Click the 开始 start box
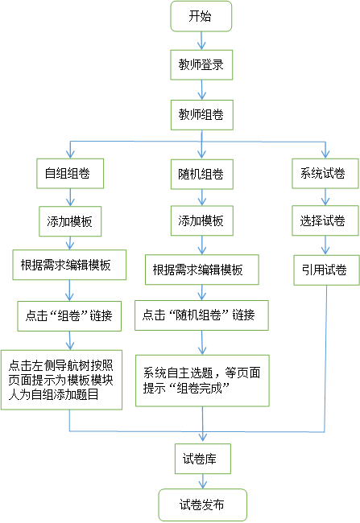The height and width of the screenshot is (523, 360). pos(201,16)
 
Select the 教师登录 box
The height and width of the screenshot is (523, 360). pos(201,65)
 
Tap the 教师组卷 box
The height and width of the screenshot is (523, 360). pos(201,115)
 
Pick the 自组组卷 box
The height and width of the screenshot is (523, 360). pos(70,174)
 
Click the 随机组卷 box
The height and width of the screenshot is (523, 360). pos(201,174)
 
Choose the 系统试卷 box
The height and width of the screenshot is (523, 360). pos(325,174)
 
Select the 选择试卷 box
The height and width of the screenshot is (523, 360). pos(325,220)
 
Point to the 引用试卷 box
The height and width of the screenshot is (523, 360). pos(327,270)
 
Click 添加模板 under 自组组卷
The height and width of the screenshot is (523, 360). pos(70,221)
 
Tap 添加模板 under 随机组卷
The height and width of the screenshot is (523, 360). pos(201,220)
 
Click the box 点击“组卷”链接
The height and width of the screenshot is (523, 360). pos(69,316)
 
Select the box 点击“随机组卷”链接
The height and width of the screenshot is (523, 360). pos(201,315)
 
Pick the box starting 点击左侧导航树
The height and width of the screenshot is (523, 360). pos(61,380)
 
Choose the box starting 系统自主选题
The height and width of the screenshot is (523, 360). pos(202,381)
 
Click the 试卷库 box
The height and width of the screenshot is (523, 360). pos(203,459)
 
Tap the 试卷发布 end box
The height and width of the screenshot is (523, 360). pos(203,505)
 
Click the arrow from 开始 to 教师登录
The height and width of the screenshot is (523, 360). pos(201,41)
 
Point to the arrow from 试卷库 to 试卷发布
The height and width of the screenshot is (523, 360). pos(203,481)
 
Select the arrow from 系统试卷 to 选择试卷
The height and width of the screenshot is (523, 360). pos(325,197)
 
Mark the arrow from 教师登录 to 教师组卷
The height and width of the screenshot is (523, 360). pos(201,90)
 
